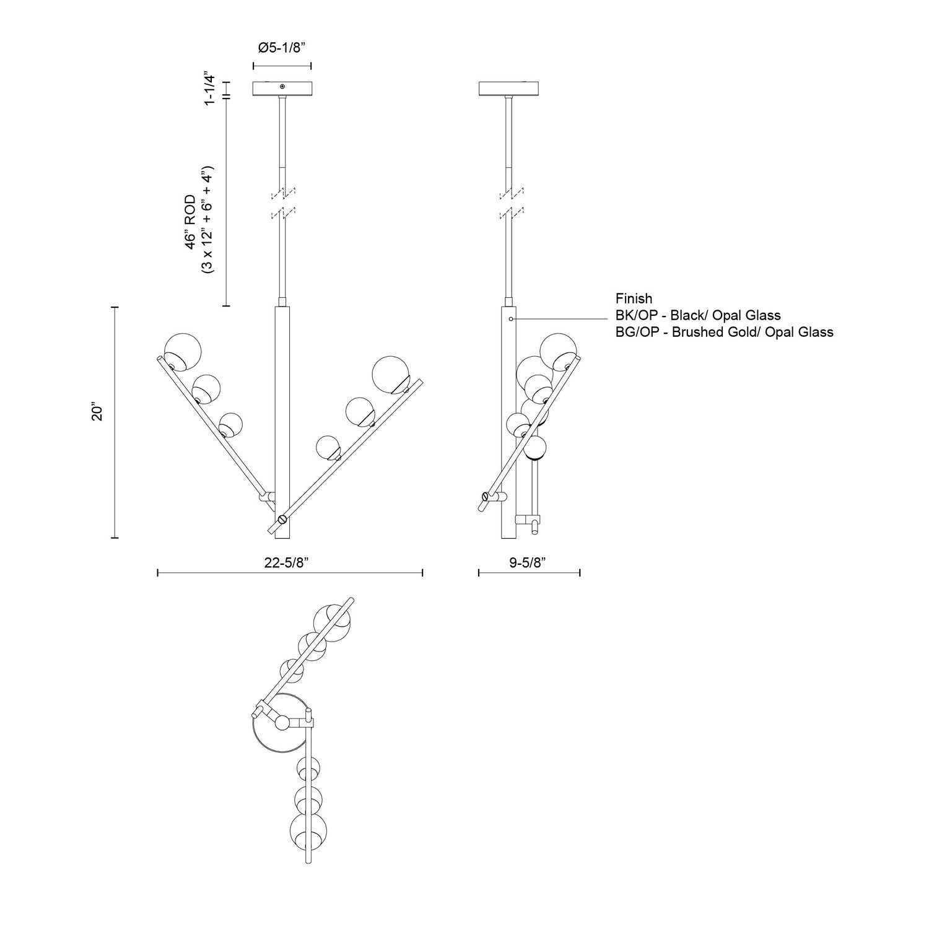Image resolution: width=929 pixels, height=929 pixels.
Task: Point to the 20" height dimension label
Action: click(x=97, y=414)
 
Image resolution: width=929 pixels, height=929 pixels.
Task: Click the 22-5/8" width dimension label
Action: click(x=287, y=562)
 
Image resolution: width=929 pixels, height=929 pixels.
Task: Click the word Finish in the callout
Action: click(x=634, y=299)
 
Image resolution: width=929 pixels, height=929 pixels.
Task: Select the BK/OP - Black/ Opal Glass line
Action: click(x=698, y=315)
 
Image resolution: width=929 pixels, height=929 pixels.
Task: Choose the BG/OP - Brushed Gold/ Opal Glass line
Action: click(x=724, y=332)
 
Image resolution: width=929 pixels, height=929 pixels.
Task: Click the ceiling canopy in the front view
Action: click(x=282, y=89)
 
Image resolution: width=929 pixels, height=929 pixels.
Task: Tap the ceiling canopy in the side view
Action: click(x=510, y=89)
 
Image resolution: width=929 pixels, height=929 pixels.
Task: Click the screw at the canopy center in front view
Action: click(x=282, y=87)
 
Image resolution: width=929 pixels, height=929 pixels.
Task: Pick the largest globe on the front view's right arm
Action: click(x=391, y=374)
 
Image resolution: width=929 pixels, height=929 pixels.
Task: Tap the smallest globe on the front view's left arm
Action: click(x=230, y=425)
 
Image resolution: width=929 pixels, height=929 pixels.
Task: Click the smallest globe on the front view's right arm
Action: click(x=328, y=447)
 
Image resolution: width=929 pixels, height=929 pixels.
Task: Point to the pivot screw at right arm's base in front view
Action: click(x=282, y=520)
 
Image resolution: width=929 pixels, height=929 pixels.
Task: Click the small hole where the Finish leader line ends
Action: click(x=510, y=318)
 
